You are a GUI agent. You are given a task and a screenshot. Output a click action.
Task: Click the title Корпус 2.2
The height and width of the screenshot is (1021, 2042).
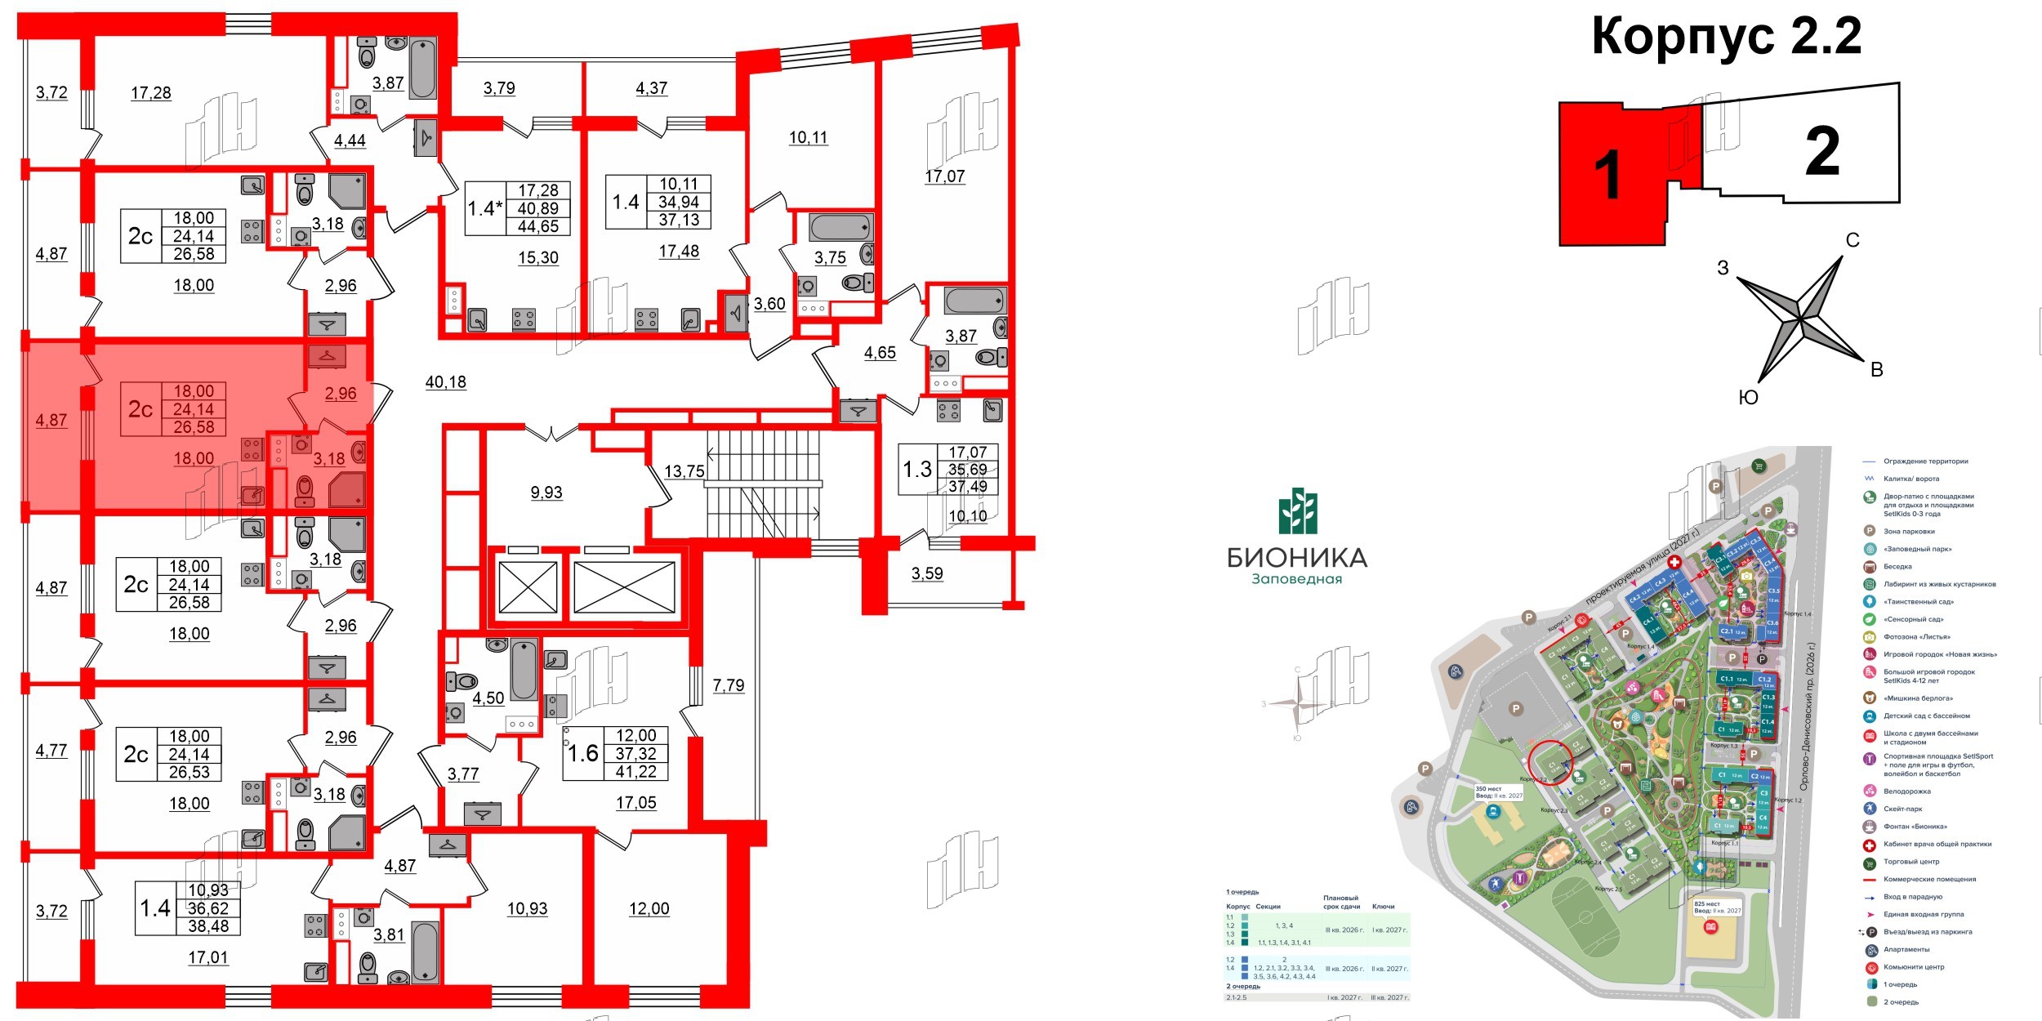1726,37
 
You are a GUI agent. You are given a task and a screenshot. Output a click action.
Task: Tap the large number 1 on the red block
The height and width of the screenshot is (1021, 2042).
1607,175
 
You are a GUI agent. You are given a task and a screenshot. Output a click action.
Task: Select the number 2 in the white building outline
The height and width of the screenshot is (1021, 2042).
1822,152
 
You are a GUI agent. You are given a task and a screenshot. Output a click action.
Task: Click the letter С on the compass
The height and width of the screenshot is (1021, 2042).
1853,240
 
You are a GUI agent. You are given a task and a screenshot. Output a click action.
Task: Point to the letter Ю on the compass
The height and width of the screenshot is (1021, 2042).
1748,398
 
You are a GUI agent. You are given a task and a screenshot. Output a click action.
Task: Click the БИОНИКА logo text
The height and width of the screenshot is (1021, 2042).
1297,558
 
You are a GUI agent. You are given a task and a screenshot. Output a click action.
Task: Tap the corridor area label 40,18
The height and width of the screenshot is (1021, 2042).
446,382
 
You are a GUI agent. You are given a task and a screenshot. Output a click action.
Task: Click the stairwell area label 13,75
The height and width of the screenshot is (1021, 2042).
684,471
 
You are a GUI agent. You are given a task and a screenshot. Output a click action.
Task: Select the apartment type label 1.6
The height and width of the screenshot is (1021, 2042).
583,753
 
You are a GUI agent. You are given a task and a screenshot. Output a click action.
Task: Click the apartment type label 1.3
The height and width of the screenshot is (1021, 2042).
917,470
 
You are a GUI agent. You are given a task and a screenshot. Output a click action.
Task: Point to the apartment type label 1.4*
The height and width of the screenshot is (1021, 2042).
485,208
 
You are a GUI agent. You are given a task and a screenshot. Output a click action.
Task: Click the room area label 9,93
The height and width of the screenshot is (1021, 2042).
546,493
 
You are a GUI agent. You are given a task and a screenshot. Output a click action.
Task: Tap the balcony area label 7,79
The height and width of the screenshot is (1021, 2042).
729,685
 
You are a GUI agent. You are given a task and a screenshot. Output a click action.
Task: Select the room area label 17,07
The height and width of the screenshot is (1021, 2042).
944,176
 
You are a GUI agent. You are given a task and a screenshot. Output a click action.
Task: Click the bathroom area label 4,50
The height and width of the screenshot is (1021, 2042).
488,698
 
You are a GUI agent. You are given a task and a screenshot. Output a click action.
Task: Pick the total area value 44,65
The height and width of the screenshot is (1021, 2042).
538,226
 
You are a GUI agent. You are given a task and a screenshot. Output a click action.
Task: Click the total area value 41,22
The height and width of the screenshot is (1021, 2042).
635,771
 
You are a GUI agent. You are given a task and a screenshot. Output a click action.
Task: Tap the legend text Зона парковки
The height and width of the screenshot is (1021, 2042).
1909,532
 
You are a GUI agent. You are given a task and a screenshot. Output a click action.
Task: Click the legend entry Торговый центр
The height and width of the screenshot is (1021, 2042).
1910,862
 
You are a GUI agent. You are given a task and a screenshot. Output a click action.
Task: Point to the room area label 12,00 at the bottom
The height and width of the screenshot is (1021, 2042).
649,909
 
